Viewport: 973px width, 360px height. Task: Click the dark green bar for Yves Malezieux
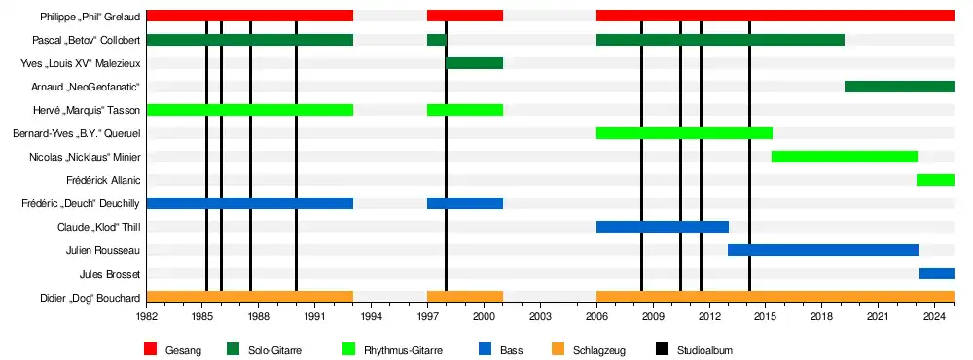click(474, 63)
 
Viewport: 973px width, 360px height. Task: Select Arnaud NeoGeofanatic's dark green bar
click(899, 87)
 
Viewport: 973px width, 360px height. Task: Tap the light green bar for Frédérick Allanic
click(935, 180)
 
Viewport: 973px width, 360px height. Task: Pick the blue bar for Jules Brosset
click(937, 273)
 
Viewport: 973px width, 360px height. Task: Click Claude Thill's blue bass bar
click(662, 227)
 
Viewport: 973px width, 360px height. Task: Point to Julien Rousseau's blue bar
click(823, 250)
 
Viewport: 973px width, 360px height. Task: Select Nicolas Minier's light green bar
click(845, 157)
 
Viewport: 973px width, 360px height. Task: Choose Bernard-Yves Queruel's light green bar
click(684, 133)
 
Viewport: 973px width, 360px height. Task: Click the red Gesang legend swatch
click(150, 349)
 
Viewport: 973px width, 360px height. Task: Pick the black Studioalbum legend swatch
click(662, 349)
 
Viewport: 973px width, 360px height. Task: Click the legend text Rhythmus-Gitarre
click(404, 350)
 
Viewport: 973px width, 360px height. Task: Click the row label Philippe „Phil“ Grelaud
click(90, 17)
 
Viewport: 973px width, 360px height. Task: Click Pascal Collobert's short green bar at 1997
click(437, 40)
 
